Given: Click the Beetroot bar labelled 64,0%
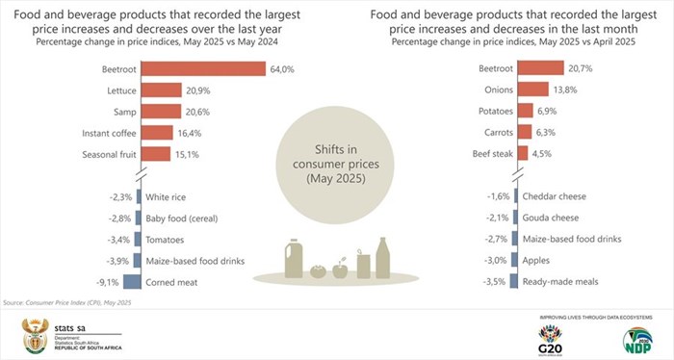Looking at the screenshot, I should [x=202, y=69].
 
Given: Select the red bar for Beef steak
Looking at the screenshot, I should [x=523, y=154].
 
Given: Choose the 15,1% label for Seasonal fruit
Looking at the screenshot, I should [x=186, y=154].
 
